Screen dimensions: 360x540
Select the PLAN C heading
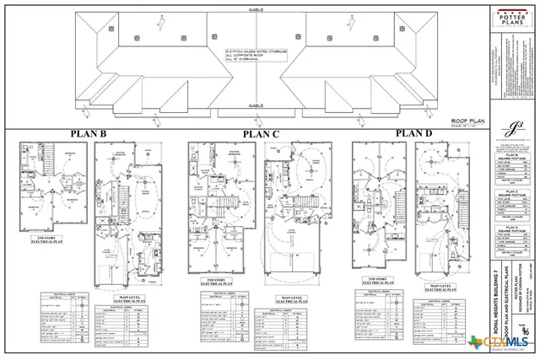pos(261,134)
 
